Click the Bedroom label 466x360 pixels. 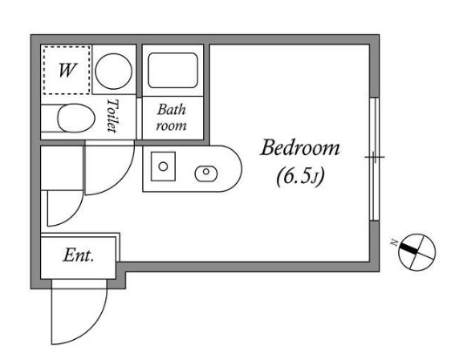pyautogui.click(x=300, y=148)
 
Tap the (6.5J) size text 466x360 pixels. pyautogui.click(x=300, y=177)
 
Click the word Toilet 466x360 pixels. pyautogui.click(x=112, y=115)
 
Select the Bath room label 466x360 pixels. pyautogui.click(x=172, y=118)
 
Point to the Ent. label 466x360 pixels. pyautogui.click(x=78, y=255)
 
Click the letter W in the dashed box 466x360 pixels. pyautogui.click(x=67, y=70)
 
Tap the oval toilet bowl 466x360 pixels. pyautogui.click(x=76, y=119)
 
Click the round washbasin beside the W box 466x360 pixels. pyautogui.click(x=113, y=71)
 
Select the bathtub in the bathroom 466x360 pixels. pyautogui.click(x=172, y=71)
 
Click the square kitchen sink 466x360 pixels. pyautogui.click(x=163, y=166)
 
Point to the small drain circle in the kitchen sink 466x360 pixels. pyautogui.click(x=163, y=166)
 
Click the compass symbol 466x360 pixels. pyautogui.click(x=416, y=252)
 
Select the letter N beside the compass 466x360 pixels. pyautogui.click(x=394, y=243)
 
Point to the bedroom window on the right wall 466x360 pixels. pyautogui.click(x=375, y=159)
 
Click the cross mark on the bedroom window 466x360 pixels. pyautogui.click(x=375, y=157)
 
